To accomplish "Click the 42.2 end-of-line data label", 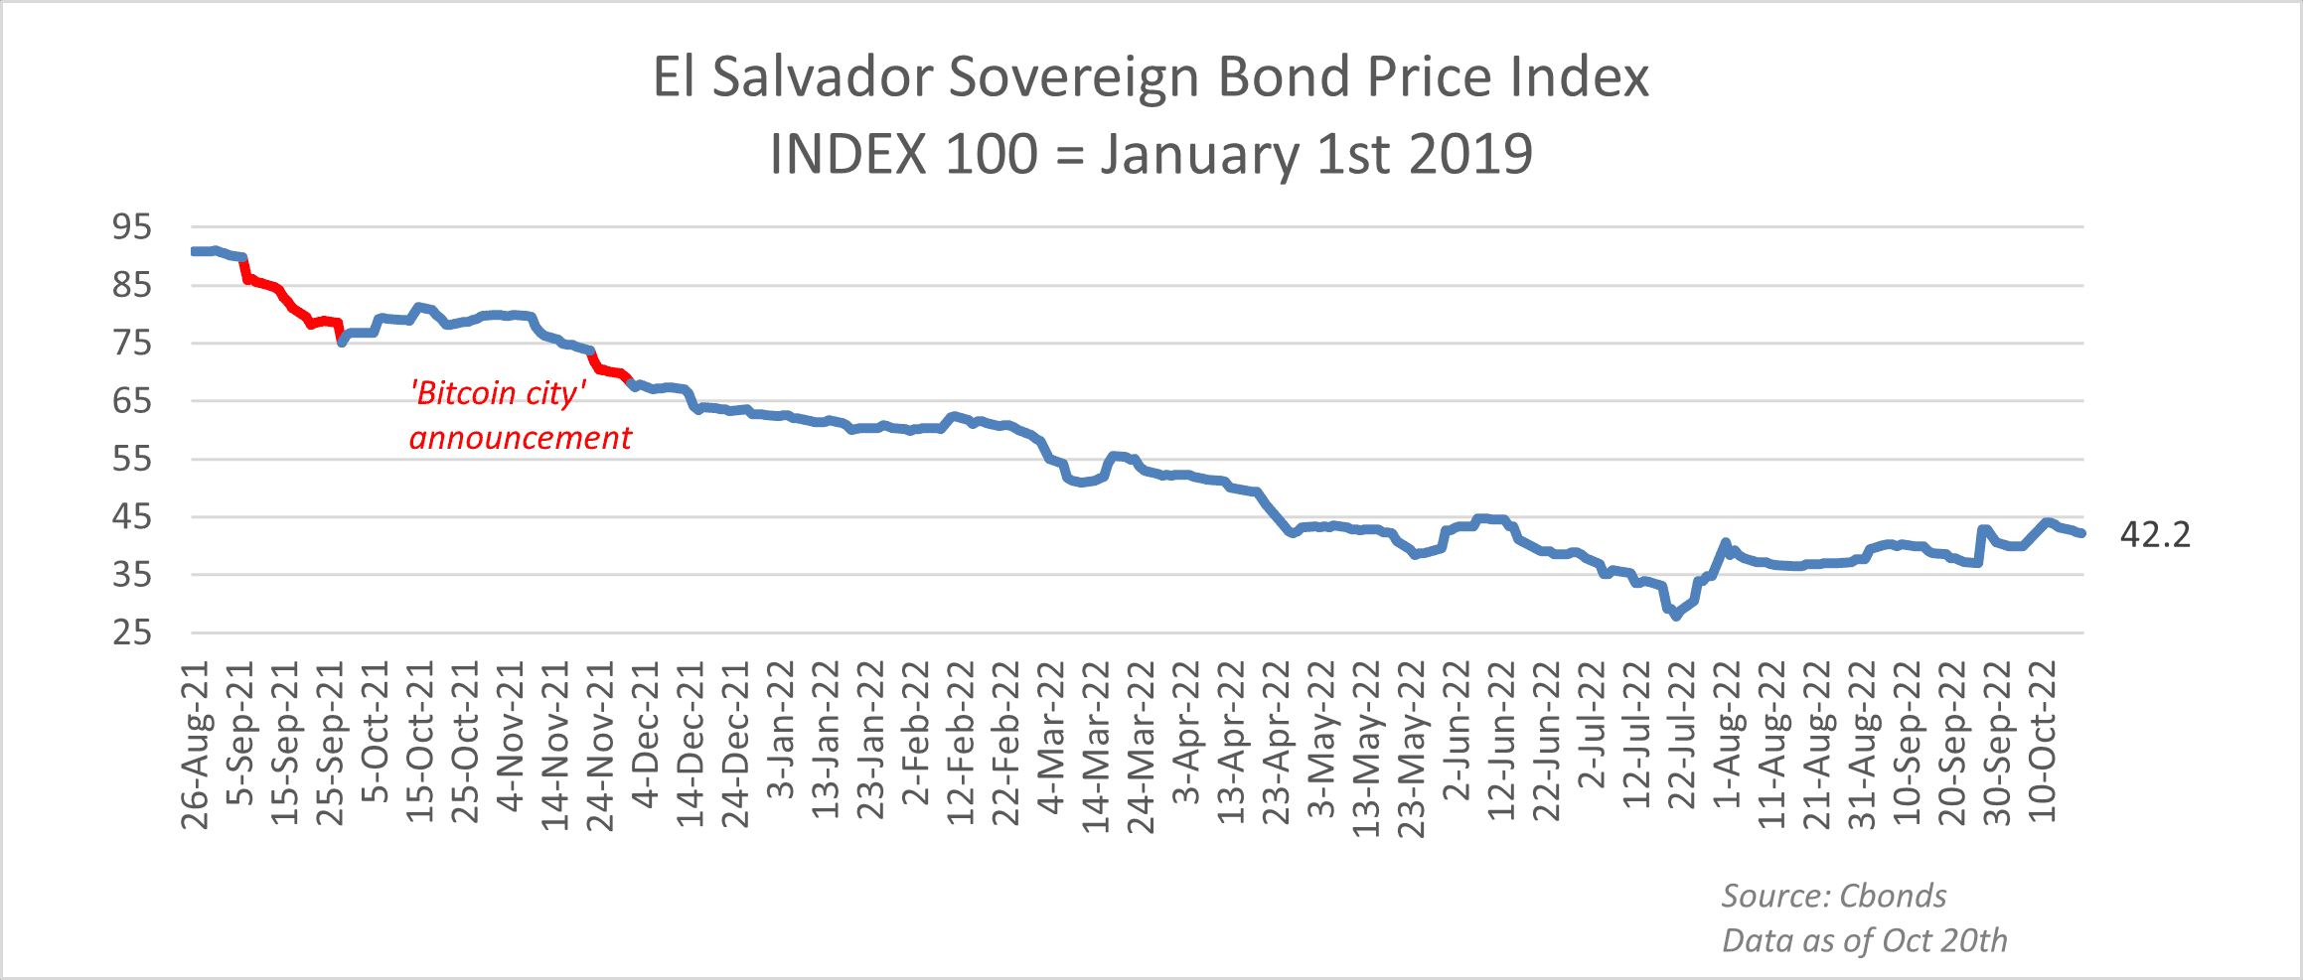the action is tap(2155, 535).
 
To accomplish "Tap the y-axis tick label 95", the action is tap(132, 227).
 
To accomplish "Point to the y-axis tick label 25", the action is tap(132, 632).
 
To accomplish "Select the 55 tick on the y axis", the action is tap(132, 459).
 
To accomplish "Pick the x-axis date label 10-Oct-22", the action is tap(2041, 741).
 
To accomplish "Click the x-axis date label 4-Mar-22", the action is tap(1051, 736).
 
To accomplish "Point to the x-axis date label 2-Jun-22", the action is tap(1457, 730).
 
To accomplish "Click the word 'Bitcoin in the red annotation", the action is tap(463, 393).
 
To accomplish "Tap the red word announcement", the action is tap(521, 438).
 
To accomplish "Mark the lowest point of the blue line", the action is tap(1676, 617).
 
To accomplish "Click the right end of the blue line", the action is tap(2082, 534).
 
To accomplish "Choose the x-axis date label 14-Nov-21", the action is tap(556, 745).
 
